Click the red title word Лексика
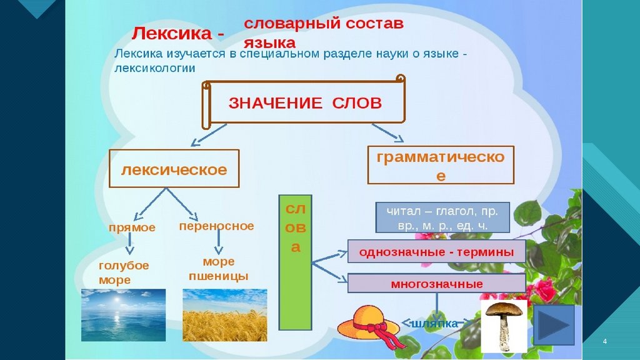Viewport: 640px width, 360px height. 171,33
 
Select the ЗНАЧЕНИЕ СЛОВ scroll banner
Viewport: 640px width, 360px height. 304,103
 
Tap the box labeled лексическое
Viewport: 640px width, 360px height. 174,169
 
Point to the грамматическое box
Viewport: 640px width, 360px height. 441,166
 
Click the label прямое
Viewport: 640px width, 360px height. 132,228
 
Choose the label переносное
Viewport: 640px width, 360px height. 216,226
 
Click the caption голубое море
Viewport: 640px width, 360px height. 124,272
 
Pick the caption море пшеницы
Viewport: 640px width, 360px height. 218,269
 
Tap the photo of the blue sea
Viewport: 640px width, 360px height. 124,314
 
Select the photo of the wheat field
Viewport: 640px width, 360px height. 224,314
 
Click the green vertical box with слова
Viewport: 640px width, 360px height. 296,262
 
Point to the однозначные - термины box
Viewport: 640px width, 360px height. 436,252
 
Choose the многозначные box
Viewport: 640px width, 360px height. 436,284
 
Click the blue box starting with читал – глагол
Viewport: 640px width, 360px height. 442,217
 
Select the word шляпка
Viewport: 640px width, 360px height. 434,323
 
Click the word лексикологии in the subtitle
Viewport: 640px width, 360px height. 156,68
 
